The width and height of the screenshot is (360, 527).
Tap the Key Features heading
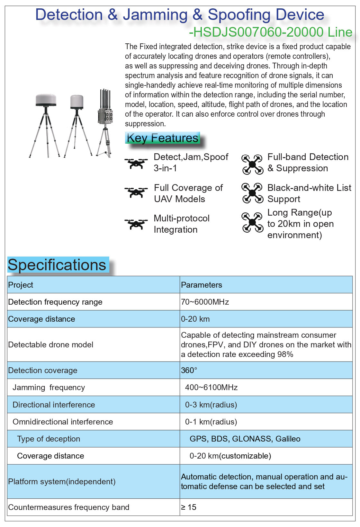pos(162,138)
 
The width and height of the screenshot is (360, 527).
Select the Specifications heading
pos(57,265)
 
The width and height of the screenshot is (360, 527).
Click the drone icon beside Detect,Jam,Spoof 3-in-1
pos(136,163)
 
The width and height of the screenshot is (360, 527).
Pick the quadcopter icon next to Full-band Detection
pos(252,164)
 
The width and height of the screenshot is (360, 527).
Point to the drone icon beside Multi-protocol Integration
pos(136,224)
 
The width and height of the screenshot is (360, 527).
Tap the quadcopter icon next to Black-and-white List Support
pos(252,193)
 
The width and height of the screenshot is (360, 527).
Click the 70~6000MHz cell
pos(205,302)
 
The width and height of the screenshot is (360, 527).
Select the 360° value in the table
pos(189,371)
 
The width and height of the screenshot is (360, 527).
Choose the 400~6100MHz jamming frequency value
pos(211,388)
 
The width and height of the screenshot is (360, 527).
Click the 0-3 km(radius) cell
pos(211,405)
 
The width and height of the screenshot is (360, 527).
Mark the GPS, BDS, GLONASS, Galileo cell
pos(245,439)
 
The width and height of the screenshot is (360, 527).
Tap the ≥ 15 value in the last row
pos(189,507)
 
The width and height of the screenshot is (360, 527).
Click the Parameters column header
pos(202,285)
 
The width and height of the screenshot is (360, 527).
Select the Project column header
pos(21,285)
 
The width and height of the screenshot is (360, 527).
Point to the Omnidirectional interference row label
pos(63,422)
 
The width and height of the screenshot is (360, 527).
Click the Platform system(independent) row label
pos(62,482)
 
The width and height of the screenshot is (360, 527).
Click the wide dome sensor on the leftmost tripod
pos(46,100)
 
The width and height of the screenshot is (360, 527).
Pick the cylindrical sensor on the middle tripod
pos(77,102)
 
